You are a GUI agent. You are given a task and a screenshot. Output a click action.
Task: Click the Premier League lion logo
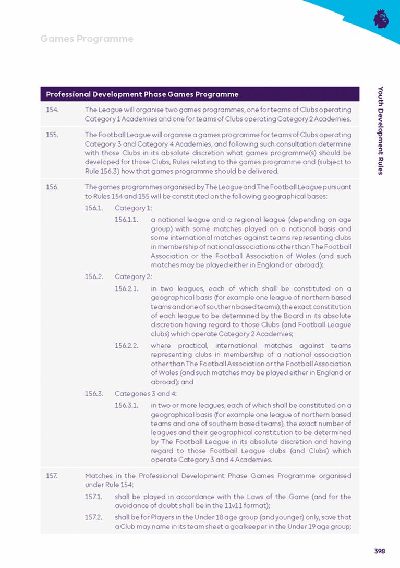381,18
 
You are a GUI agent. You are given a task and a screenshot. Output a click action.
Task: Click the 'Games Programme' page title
87,39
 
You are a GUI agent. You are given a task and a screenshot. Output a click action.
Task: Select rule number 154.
52,110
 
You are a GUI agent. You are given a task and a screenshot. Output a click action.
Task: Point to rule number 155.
52,134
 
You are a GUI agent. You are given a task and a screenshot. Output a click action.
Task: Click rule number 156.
52,186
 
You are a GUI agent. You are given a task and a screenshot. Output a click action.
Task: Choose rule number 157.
52,476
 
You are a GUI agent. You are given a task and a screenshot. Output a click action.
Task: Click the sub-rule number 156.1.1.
126,219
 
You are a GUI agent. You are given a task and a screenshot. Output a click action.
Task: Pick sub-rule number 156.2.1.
126,288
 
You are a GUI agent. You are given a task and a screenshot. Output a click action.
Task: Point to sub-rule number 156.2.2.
126,345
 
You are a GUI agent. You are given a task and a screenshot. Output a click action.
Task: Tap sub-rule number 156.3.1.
126,405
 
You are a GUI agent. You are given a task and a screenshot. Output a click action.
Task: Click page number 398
380,551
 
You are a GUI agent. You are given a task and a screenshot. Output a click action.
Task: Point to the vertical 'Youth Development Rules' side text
381,130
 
